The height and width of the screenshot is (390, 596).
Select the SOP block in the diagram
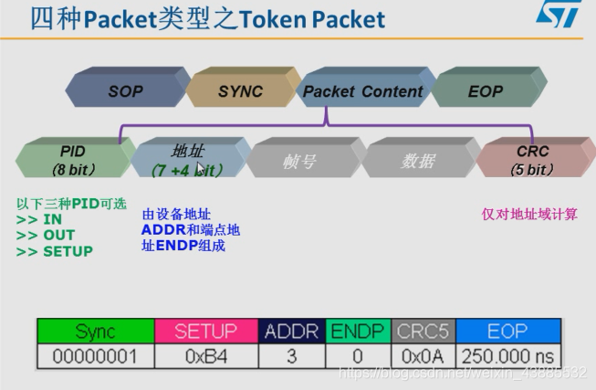125,90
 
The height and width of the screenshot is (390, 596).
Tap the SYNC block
240,90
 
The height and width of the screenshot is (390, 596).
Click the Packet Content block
362,90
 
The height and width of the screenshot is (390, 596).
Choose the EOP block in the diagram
485,90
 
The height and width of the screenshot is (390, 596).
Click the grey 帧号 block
300,160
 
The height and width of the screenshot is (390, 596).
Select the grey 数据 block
417,160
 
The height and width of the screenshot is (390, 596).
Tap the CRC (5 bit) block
532,157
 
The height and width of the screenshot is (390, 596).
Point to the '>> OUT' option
46,235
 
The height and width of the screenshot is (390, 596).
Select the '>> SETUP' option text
55,250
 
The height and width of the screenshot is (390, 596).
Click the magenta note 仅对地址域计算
529,214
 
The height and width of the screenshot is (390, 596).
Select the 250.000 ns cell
507,355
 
